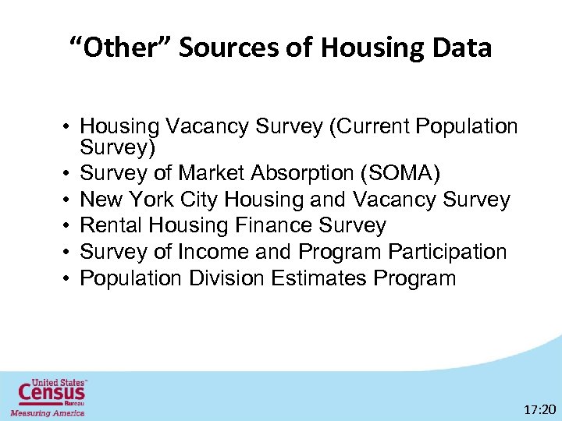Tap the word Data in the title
(x=460, y=48)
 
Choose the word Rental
(x=115, y=226)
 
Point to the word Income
(x=205, y=252)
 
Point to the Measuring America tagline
(x=47, y=412)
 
